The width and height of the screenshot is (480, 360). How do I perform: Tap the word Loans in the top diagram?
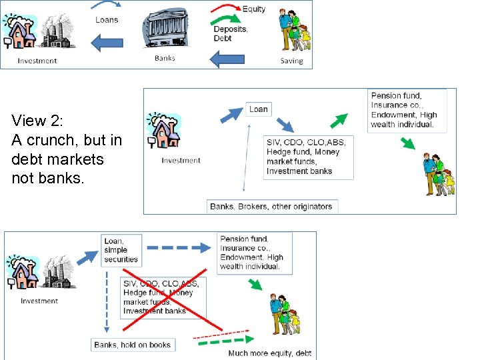point(107,20)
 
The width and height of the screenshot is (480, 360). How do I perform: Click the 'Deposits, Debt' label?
point(230,33)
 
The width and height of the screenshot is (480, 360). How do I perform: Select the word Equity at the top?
point(253,9)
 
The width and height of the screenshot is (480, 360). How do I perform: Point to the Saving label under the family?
point(291,61)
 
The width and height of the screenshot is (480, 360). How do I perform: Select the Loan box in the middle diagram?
point(258,109)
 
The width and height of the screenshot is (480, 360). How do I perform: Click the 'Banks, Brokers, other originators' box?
point(271,206)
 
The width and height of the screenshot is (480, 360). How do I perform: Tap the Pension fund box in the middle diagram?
point(406,110)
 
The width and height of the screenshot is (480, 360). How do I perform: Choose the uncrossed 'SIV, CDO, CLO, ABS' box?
point(309,157)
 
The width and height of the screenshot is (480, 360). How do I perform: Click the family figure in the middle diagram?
point(439,174)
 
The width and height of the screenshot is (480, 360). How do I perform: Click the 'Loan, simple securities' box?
point(121,250)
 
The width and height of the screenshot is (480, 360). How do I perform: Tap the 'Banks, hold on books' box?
point(133,345)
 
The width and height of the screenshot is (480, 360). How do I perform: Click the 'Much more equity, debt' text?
point(269,353)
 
